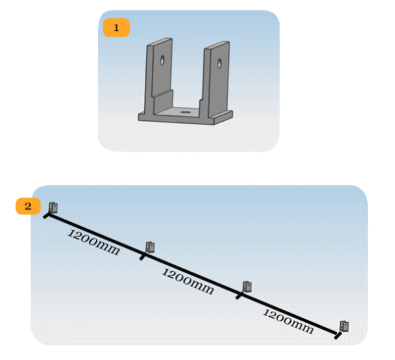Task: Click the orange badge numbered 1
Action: [116, 28]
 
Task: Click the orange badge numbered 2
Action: [28, 206]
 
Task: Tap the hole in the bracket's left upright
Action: [162, 60]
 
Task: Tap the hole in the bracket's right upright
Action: [219, 64]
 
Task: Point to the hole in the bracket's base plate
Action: [186, 111]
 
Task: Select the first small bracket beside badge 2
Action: [53, 208]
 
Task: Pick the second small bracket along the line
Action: [150, 247]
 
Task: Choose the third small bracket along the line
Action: [247, 287]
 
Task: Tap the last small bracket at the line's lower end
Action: [344, 327]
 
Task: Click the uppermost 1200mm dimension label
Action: [93, 242]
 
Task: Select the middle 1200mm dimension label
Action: [188, 281]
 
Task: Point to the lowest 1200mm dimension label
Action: [288, 321]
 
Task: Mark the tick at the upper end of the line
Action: [46, 216]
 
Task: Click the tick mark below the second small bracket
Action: [142, 257]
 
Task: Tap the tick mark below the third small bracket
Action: [239, 296]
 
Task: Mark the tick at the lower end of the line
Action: [338, 336]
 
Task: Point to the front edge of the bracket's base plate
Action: [176, 121]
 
